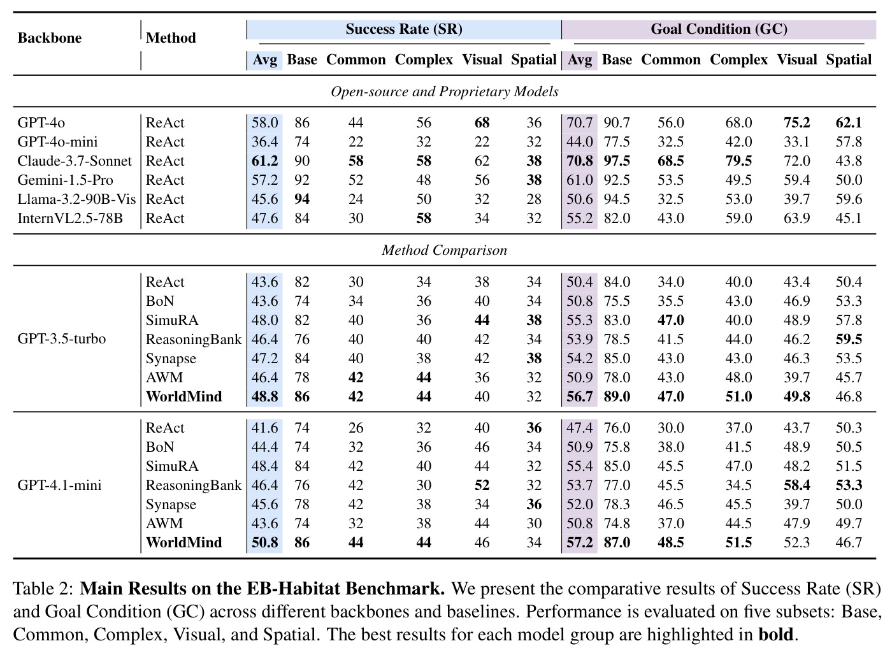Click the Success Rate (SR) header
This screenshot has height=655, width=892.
coord(404,29)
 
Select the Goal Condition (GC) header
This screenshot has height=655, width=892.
coord(719,29)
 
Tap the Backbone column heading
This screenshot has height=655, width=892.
coord(50,38)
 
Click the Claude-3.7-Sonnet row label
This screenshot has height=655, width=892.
coord(75,161)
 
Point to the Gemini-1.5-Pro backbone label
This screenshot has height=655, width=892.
coord(65,180)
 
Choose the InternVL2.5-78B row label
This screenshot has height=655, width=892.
coord(70,218)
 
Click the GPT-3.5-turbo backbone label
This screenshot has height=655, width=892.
coord(62,339)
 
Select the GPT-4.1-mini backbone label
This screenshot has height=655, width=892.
coord(59,485)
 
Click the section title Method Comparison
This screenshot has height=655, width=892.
coord(445,250)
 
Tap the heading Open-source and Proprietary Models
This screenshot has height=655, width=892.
coord(445,92)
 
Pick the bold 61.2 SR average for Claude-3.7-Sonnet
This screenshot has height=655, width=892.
coord(265,161)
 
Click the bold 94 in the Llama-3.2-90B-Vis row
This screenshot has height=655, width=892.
coord(302,199)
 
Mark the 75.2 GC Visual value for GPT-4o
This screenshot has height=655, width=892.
coord(797,122)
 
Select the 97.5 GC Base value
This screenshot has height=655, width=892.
coord(617,161)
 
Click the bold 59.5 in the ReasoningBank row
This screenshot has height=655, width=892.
coord(849,339)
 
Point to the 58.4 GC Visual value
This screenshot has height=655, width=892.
coord(797,485)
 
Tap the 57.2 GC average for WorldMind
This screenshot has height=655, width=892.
coord(580,542)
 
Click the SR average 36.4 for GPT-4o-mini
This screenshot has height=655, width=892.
coord(265,141)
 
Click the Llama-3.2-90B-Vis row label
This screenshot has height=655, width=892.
coord(76,199)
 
